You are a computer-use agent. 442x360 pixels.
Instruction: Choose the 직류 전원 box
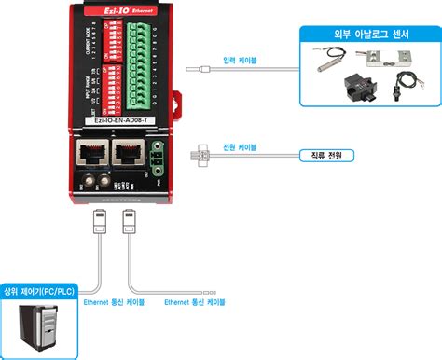[320, 156]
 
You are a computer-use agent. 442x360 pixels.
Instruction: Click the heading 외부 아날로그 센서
[368, 35]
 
